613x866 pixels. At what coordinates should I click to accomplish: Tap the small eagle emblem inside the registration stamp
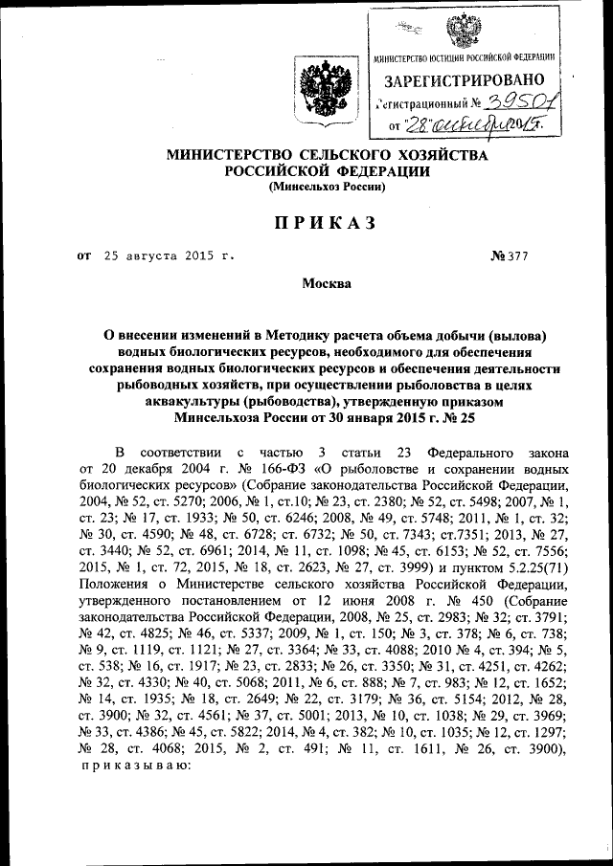coord(469,30)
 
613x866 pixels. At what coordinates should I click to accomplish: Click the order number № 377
coord(510,256)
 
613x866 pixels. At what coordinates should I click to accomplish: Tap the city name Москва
coord(326,283)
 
